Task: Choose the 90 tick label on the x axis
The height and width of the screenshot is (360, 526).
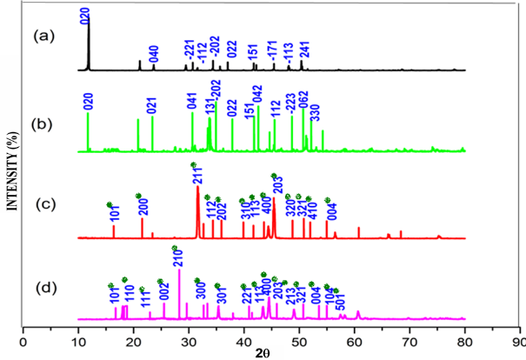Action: point(520,340)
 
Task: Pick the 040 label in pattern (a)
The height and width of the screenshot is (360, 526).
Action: point(154,53)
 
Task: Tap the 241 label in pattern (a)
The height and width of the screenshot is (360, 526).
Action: point(305,50)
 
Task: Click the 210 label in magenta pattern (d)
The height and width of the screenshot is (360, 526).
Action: point(178,258)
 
